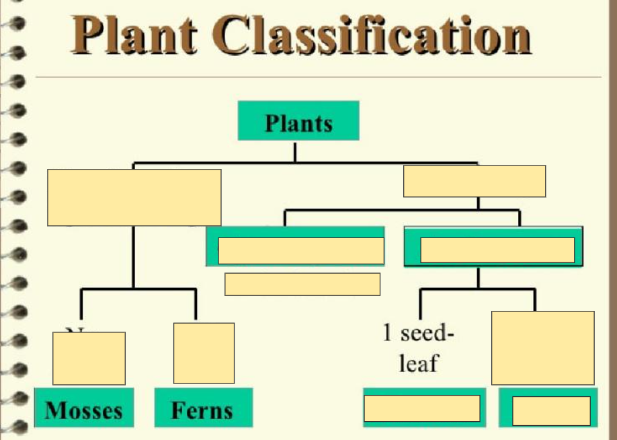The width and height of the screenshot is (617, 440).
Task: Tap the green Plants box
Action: tap(298, 121)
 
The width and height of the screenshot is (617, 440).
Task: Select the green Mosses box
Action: tap(84, 408)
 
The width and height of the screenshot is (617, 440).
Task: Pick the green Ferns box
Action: tap(203, 408)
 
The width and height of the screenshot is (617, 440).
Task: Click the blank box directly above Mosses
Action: tap(89, 358)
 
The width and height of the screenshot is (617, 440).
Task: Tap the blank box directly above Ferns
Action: tap(204, 353)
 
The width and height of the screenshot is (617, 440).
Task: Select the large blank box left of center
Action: tap(134, 197)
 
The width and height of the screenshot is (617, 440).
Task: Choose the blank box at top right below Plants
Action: tap(474, 181)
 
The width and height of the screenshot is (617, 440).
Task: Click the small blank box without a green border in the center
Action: tap(302, 284)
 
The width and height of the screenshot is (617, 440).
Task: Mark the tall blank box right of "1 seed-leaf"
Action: tap(542, 347)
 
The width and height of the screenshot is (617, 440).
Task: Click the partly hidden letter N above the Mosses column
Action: tap(78, 330)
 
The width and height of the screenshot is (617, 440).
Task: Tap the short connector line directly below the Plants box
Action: tap(294, 151)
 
